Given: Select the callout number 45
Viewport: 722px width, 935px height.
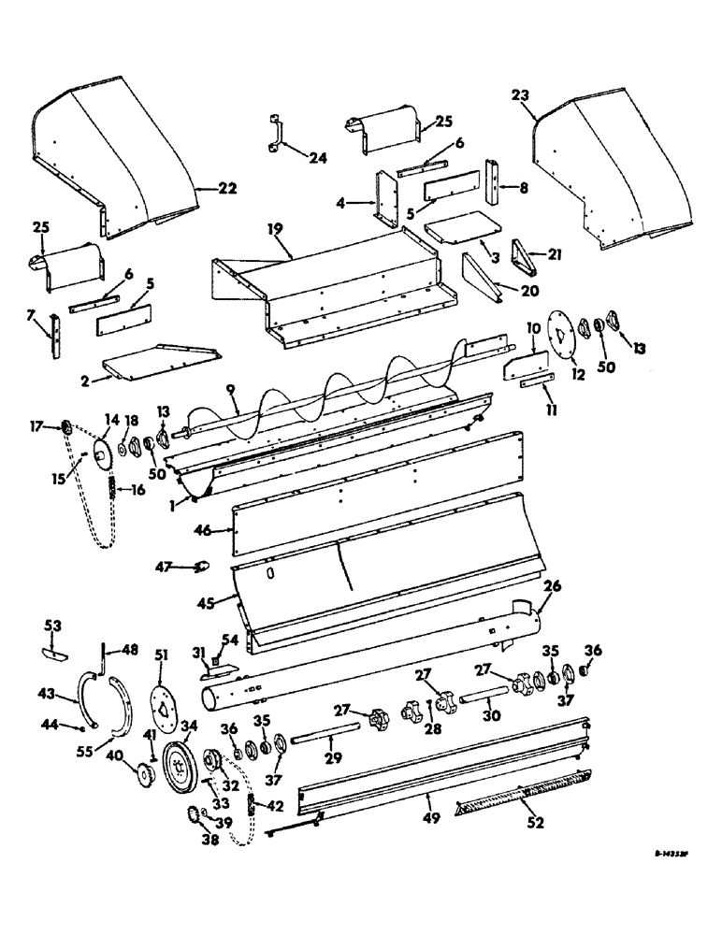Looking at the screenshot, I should click(202, 602).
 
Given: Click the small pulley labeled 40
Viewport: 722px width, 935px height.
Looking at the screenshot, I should click(145, 775).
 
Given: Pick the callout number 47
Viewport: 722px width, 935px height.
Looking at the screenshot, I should click(165, 566).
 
